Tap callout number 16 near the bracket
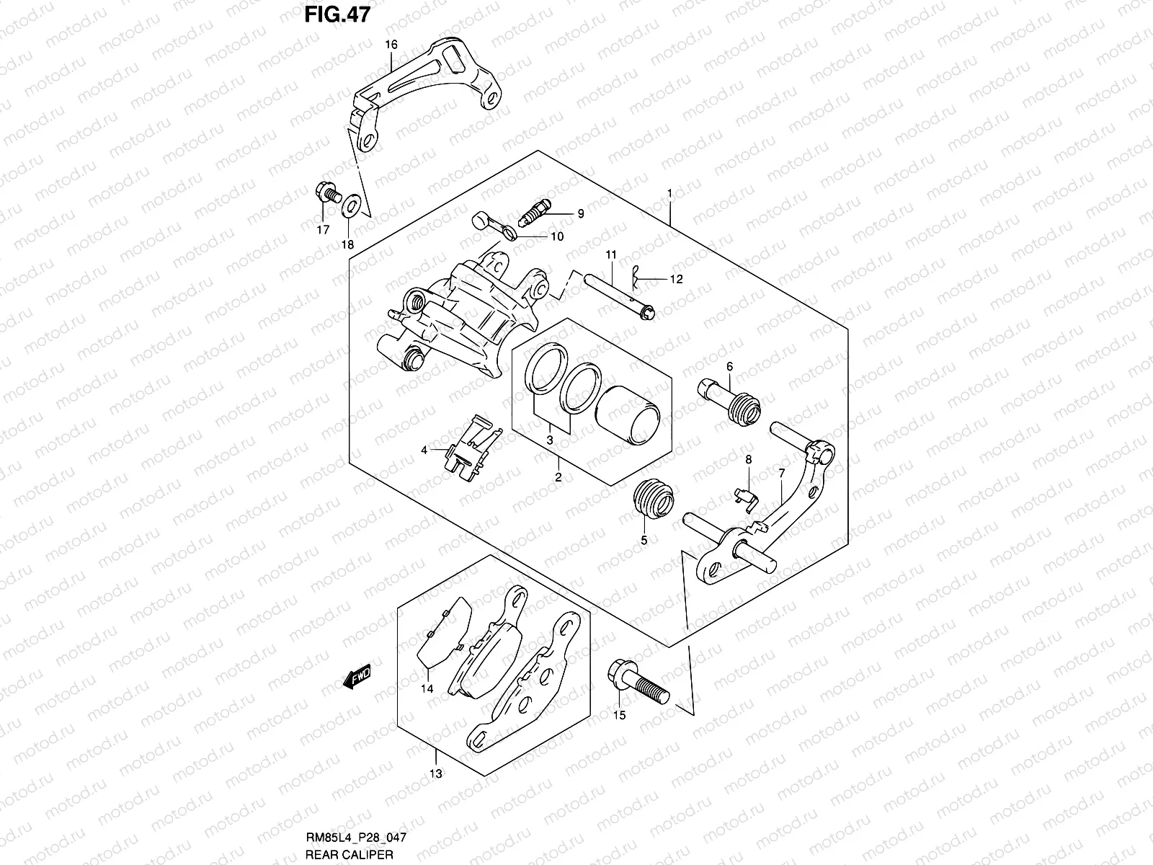[x=391, y=45]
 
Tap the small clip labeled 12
[x=636, y=275]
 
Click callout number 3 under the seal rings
[x=550, y=440]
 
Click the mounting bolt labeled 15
[x=638, y=683]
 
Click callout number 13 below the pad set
[x=436, y=774]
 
